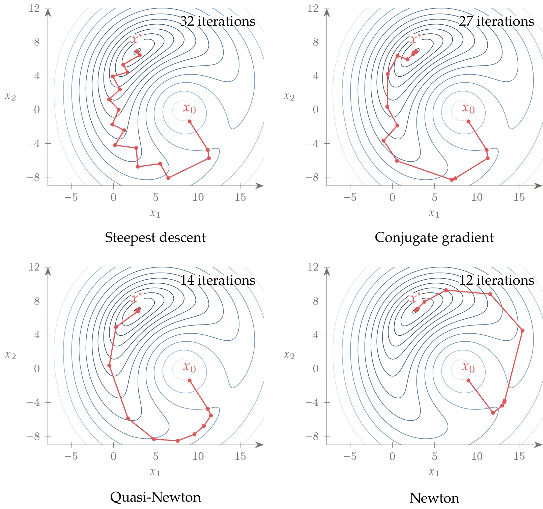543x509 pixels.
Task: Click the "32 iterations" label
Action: tap(218, 21)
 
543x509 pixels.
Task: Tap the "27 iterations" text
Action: tap(496, 21)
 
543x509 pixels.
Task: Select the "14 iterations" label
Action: tap(218, 280)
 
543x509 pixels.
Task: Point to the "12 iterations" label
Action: tap(496, 280)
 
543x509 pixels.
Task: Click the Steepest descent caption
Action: tap(155, 237)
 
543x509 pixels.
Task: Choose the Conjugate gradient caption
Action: tap(434, 237)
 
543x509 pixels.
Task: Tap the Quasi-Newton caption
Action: tap(155, 497)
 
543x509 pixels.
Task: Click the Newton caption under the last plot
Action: tap(434, 498)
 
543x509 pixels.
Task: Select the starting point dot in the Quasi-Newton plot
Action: tap(190, 380)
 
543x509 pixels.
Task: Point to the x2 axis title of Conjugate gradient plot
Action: tap(289, 97)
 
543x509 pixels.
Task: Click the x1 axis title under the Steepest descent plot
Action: tap(155, 213)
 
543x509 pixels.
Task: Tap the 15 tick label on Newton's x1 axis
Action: tap(519, 456)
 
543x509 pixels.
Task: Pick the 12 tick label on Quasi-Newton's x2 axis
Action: tap(34, 267)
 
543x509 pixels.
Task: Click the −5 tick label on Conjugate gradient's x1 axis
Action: tap(350, 197)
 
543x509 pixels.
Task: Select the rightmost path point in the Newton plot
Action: tap(522, 331)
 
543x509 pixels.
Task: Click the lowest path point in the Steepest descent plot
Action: tap(168, 178)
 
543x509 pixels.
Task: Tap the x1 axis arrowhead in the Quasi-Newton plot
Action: tap(260, 445)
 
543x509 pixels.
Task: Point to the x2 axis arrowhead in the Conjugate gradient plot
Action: tap(327, 12)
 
